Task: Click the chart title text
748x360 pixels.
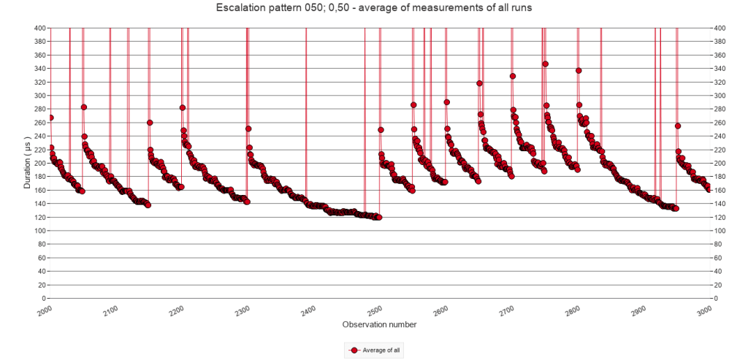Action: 373,8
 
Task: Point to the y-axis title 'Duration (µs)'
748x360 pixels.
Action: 28,163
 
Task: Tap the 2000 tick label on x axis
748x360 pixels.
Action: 45,311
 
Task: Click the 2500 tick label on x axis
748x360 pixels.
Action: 375,311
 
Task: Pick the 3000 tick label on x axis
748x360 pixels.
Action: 704,311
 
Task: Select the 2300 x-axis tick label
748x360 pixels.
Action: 243,311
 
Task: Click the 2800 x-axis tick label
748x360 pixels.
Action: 573,311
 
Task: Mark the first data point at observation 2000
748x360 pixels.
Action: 50,118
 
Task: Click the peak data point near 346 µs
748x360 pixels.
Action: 545,64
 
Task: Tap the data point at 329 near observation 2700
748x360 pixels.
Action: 513,76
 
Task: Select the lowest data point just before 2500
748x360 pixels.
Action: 378,218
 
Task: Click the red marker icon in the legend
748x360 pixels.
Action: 354,351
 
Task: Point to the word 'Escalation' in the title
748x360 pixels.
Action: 239,8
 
